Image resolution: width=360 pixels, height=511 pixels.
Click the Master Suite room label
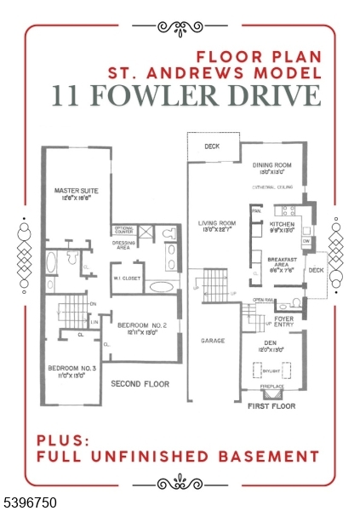click(x=72, y=192)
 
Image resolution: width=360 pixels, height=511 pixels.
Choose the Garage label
click(x=213, y=340)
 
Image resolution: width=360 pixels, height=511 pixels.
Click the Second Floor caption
click(x=140, y=384)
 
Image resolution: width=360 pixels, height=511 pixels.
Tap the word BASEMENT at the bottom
click(x=263, y=456)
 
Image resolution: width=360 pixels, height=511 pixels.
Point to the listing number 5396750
click(x=31, y=503)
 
